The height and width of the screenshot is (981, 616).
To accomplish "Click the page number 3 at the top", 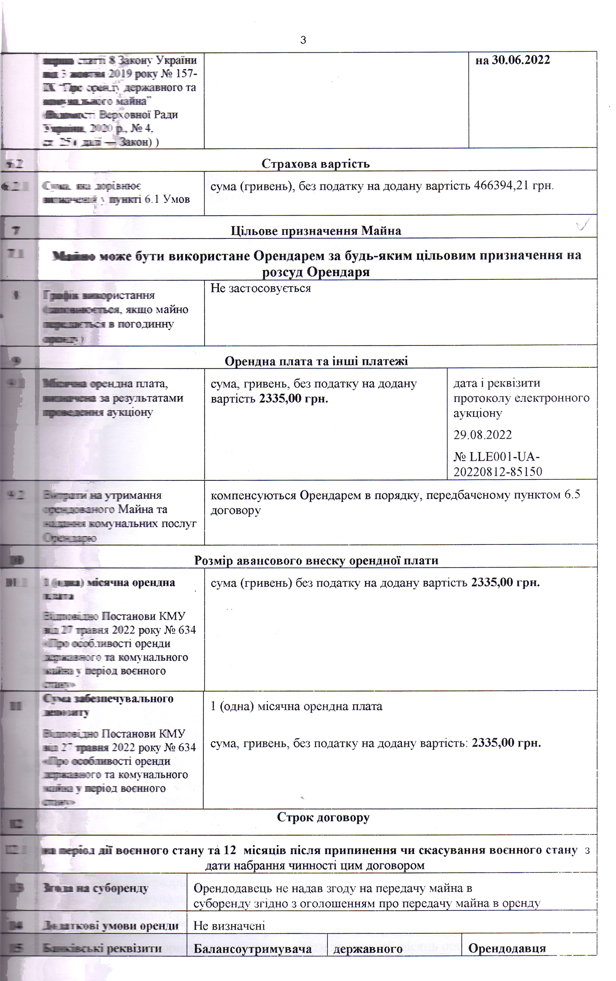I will [303, 40].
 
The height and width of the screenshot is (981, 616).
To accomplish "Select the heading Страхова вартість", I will [315, 164].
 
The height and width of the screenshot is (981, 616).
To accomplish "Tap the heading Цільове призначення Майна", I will [316, 231].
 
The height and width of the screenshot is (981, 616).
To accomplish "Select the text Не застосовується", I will [260, 288].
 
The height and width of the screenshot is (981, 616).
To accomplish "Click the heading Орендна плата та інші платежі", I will [316, 361].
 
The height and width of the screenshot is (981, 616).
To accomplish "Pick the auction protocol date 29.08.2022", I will [482, 435].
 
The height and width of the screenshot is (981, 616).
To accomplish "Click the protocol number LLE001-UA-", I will [497, 456].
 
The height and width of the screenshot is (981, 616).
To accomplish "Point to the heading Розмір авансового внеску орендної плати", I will [316, 560].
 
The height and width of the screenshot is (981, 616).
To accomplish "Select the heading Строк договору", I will [323, 817].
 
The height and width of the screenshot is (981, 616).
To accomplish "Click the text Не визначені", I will [229, 925].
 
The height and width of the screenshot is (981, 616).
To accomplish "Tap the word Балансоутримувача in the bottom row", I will [253, 949].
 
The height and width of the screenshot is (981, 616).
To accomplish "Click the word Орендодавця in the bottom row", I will [506, 948].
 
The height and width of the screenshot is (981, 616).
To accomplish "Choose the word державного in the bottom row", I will [368, 949].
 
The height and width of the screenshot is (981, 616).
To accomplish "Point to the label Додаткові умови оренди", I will [110, 925].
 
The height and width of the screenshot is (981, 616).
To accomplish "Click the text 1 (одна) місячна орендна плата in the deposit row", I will [296, 706].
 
